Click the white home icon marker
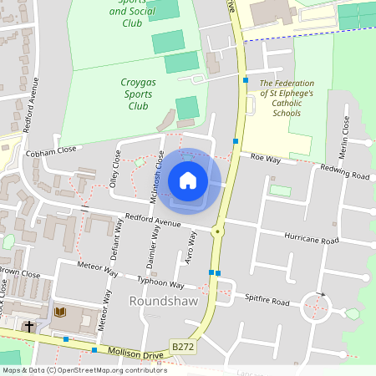click(188, 180)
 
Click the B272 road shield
click(184, 346)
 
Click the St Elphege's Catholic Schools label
click(287, 98)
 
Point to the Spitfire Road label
click(267, 299)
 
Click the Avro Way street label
click(191, 248)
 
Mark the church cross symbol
click(29, 325)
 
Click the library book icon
click(59, 312)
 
